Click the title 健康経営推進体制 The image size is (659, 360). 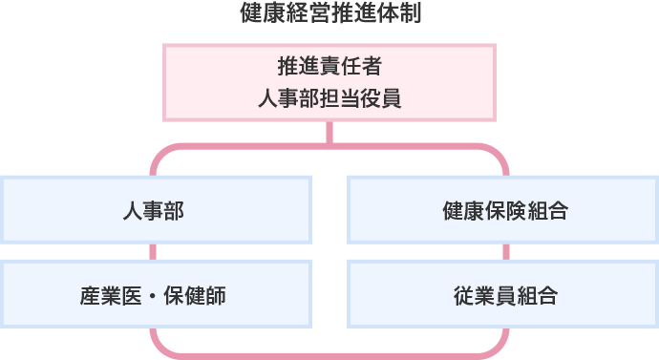pyautogui.click(x=329, y=14)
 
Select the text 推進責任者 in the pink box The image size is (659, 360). pyautogui.click(x=329, y=67)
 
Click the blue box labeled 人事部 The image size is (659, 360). pyautogui.click(x=155, y=210)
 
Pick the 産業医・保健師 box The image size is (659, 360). pyautogui.click(x=155, y=295)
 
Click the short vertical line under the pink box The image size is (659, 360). pyautogui.click(x=329, y=134)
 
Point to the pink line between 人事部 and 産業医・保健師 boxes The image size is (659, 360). pyautogui.click(x=153, y=253)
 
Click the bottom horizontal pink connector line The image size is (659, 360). pyautogui.click(x=329, y=355)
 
